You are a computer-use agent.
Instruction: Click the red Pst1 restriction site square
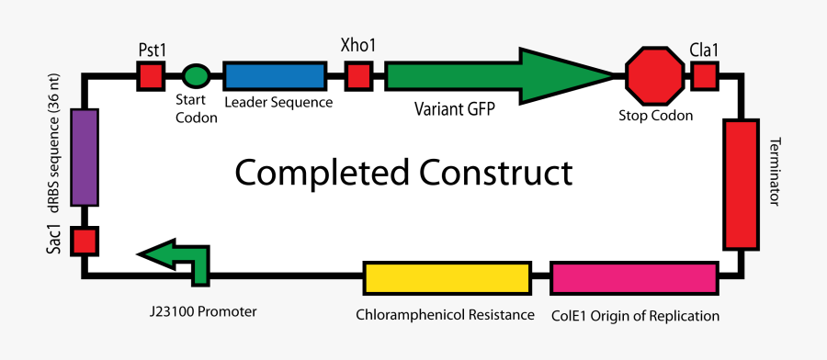pos(150,76)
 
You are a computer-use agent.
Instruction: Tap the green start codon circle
pos(195,76)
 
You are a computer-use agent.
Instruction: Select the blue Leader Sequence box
pos(275,76)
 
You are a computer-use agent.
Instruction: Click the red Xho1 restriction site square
pos(358,76)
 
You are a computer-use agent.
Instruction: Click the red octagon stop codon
pos(655,76)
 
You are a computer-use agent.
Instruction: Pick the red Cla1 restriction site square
pos(705,76)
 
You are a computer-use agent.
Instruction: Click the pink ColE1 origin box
pos(634,277)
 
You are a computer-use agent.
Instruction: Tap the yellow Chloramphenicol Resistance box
pos(447,277)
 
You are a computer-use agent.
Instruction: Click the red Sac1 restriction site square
pos(85,242)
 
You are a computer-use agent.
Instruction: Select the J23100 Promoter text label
pos(204,311)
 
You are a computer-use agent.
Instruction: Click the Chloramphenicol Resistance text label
pos(446,315)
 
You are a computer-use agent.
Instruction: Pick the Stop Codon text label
pos(656,117)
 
